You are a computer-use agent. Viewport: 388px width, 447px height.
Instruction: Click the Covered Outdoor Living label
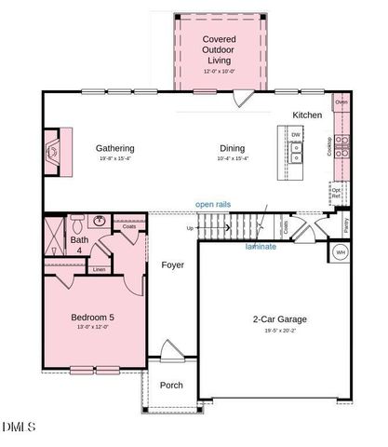[220, 49]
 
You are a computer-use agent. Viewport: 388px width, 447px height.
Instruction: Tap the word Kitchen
[307, 115]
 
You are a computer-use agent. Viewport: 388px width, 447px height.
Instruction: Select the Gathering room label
[115, 148]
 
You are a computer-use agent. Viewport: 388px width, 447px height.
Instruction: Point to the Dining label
[233, 148]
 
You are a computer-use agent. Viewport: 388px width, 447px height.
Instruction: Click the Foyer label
[172, 265]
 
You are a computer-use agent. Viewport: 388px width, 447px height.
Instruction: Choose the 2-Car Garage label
[280, 319]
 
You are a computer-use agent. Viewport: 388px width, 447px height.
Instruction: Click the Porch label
[171, 385]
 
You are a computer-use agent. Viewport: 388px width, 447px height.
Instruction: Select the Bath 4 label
[80, 245]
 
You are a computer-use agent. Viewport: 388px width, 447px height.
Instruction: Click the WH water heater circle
[341, 252]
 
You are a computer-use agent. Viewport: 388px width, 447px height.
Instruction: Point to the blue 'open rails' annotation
[213, 204]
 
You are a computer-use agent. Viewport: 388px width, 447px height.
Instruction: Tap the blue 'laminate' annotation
[261, 247]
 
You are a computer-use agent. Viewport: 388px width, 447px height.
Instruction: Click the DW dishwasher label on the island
[296, 136]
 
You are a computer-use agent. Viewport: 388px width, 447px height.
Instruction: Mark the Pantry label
[345, 223]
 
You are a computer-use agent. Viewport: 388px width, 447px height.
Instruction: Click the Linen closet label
[100, 269]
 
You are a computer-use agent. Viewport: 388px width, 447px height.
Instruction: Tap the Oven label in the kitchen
[341, 102]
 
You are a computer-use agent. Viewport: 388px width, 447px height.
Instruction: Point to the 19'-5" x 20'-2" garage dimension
[280, 330]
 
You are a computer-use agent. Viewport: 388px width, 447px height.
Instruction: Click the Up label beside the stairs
[191, 228]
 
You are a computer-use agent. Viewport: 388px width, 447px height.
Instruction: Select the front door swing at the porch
[171, 354]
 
